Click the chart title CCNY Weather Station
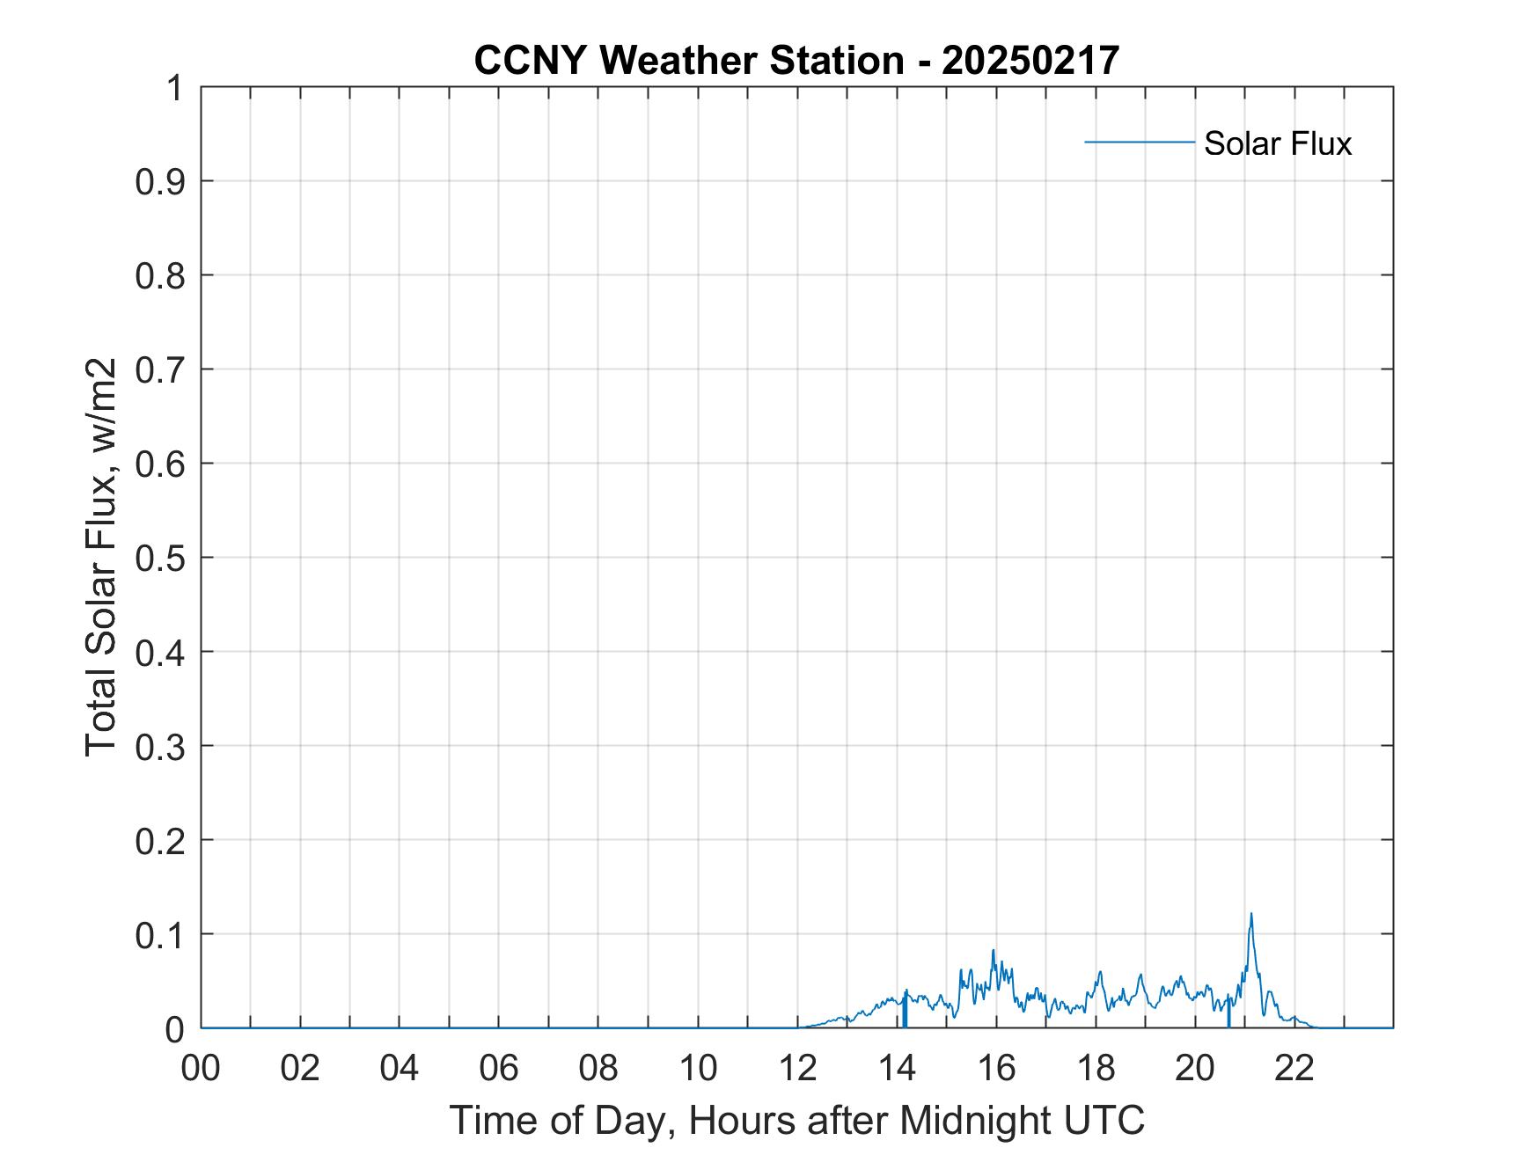pyautogui.click(x=689, y=61)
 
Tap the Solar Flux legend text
pyautogui.click(x=1277, y=143)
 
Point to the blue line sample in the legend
pyautogui.click(x=1139, y=142)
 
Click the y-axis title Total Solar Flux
pyautogui.click(x=102, y=557)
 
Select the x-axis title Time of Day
pyautogui.click(x=796, y=1120)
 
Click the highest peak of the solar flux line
pyautogui.click(x=1250, y=915)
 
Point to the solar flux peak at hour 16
pyautogui.click(x=993, y=951)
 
